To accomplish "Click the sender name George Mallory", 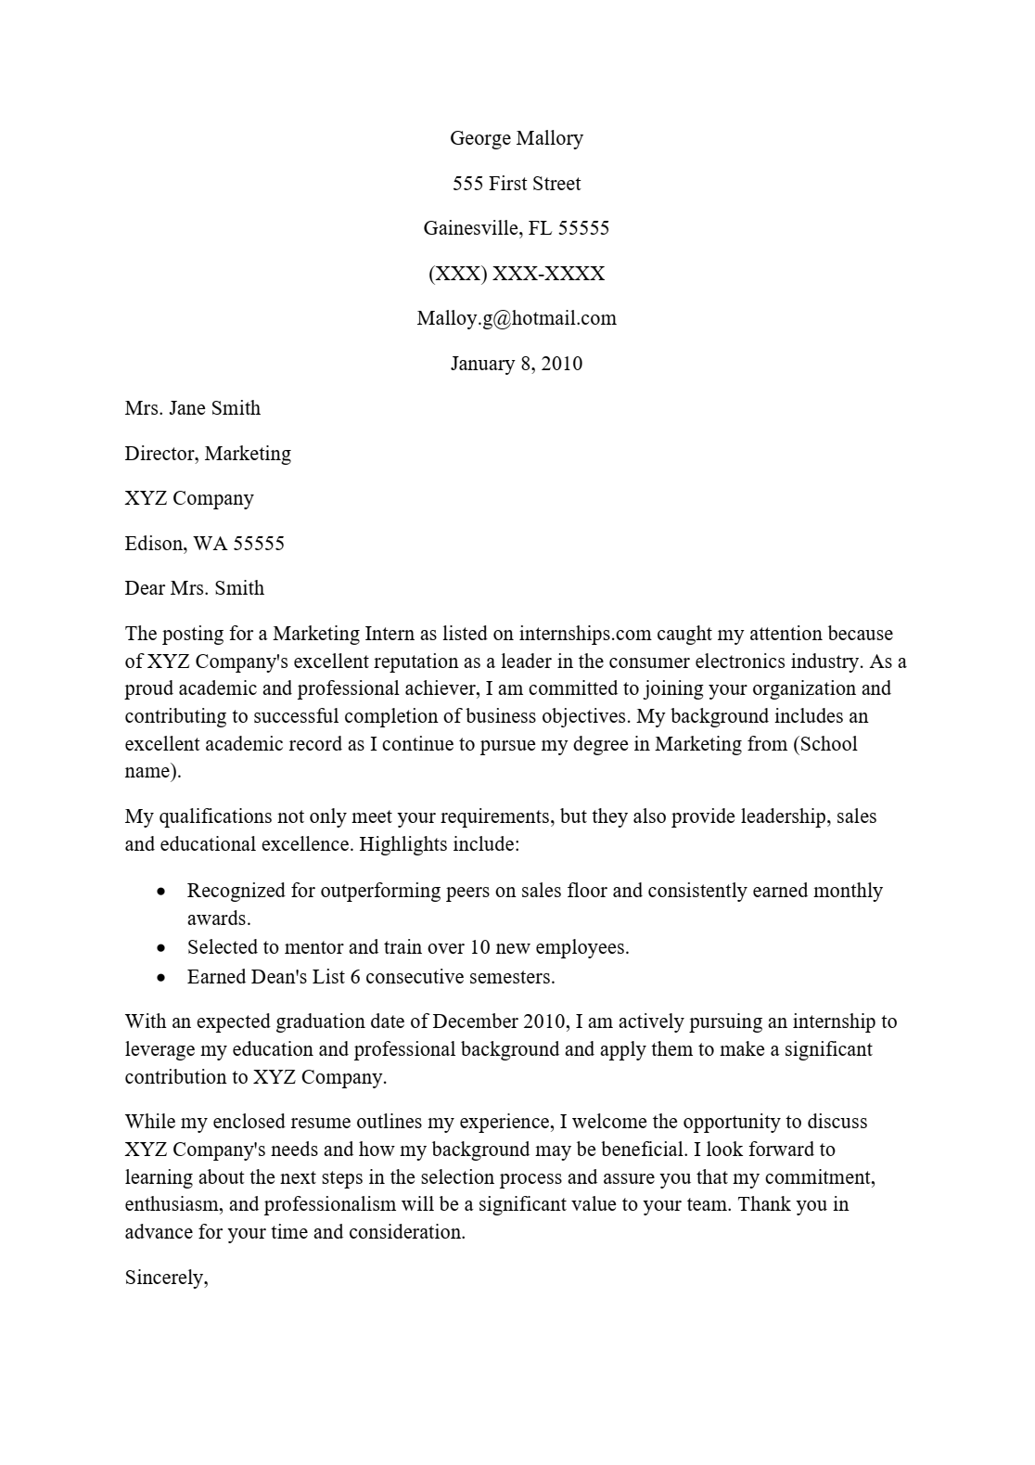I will click(517, 138).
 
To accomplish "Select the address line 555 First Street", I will click(517, 184).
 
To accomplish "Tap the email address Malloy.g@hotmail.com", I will click(517, 318).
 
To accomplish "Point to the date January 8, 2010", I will click(517, 364).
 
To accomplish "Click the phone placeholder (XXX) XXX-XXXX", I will click(517, 274).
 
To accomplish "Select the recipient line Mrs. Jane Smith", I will click(193, 408).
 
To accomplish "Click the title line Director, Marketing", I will click(208, 454).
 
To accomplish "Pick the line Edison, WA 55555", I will click(205, 544).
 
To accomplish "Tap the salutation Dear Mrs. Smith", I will click(195, 588).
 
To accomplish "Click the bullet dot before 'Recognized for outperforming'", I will click(162, 892).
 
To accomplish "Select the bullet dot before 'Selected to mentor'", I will click(162, 948).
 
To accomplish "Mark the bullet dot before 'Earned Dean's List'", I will click(162, 977).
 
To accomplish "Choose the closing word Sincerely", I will click(166, 1278).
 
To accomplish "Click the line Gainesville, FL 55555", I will click(517, 228).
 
